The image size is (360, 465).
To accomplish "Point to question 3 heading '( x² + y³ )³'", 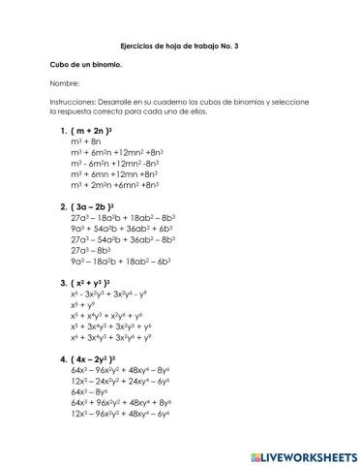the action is click(93, 283).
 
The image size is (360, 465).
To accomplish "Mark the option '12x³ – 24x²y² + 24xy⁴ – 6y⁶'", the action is click(120, 381).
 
